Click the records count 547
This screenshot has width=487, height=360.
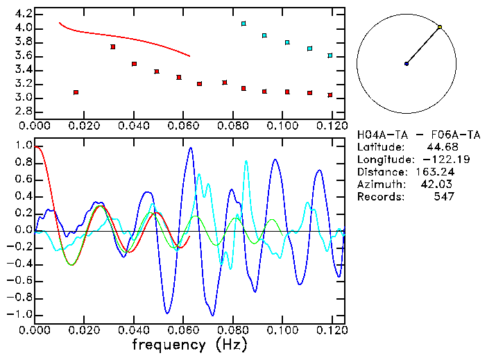coord(443,196)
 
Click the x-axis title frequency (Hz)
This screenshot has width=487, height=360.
coord(188,344)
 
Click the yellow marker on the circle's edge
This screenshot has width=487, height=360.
coord(439,27)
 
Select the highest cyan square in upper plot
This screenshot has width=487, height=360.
coord(243,24)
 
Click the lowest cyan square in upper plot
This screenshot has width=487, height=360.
coord(330,55)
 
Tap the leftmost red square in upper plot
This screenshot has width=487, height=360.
coord(76,92)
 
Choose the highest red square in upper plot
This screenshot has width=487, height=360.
coord(112,46)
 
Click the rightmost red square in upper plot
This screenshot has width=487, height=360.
coord(330,95)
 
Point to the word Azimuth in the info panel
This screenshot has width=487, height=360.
coord(379,184)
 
